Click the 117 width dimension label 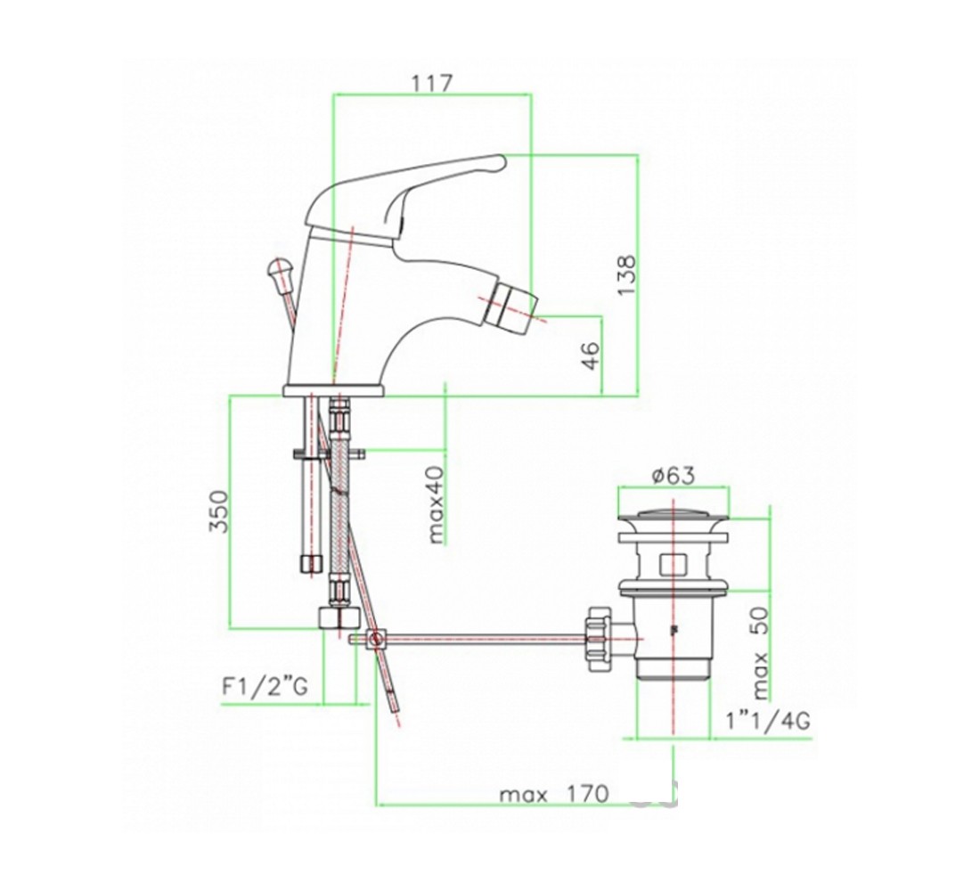click(x=432, y=83)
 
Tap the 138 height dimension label click(x=625, y=275)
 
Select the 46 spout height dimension click(x=590, y=356)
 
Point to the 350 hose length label click(x=219, y=511)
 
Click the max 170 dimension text click(x=554, y=794)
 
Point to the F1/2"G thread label click(x=265, y=687)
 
